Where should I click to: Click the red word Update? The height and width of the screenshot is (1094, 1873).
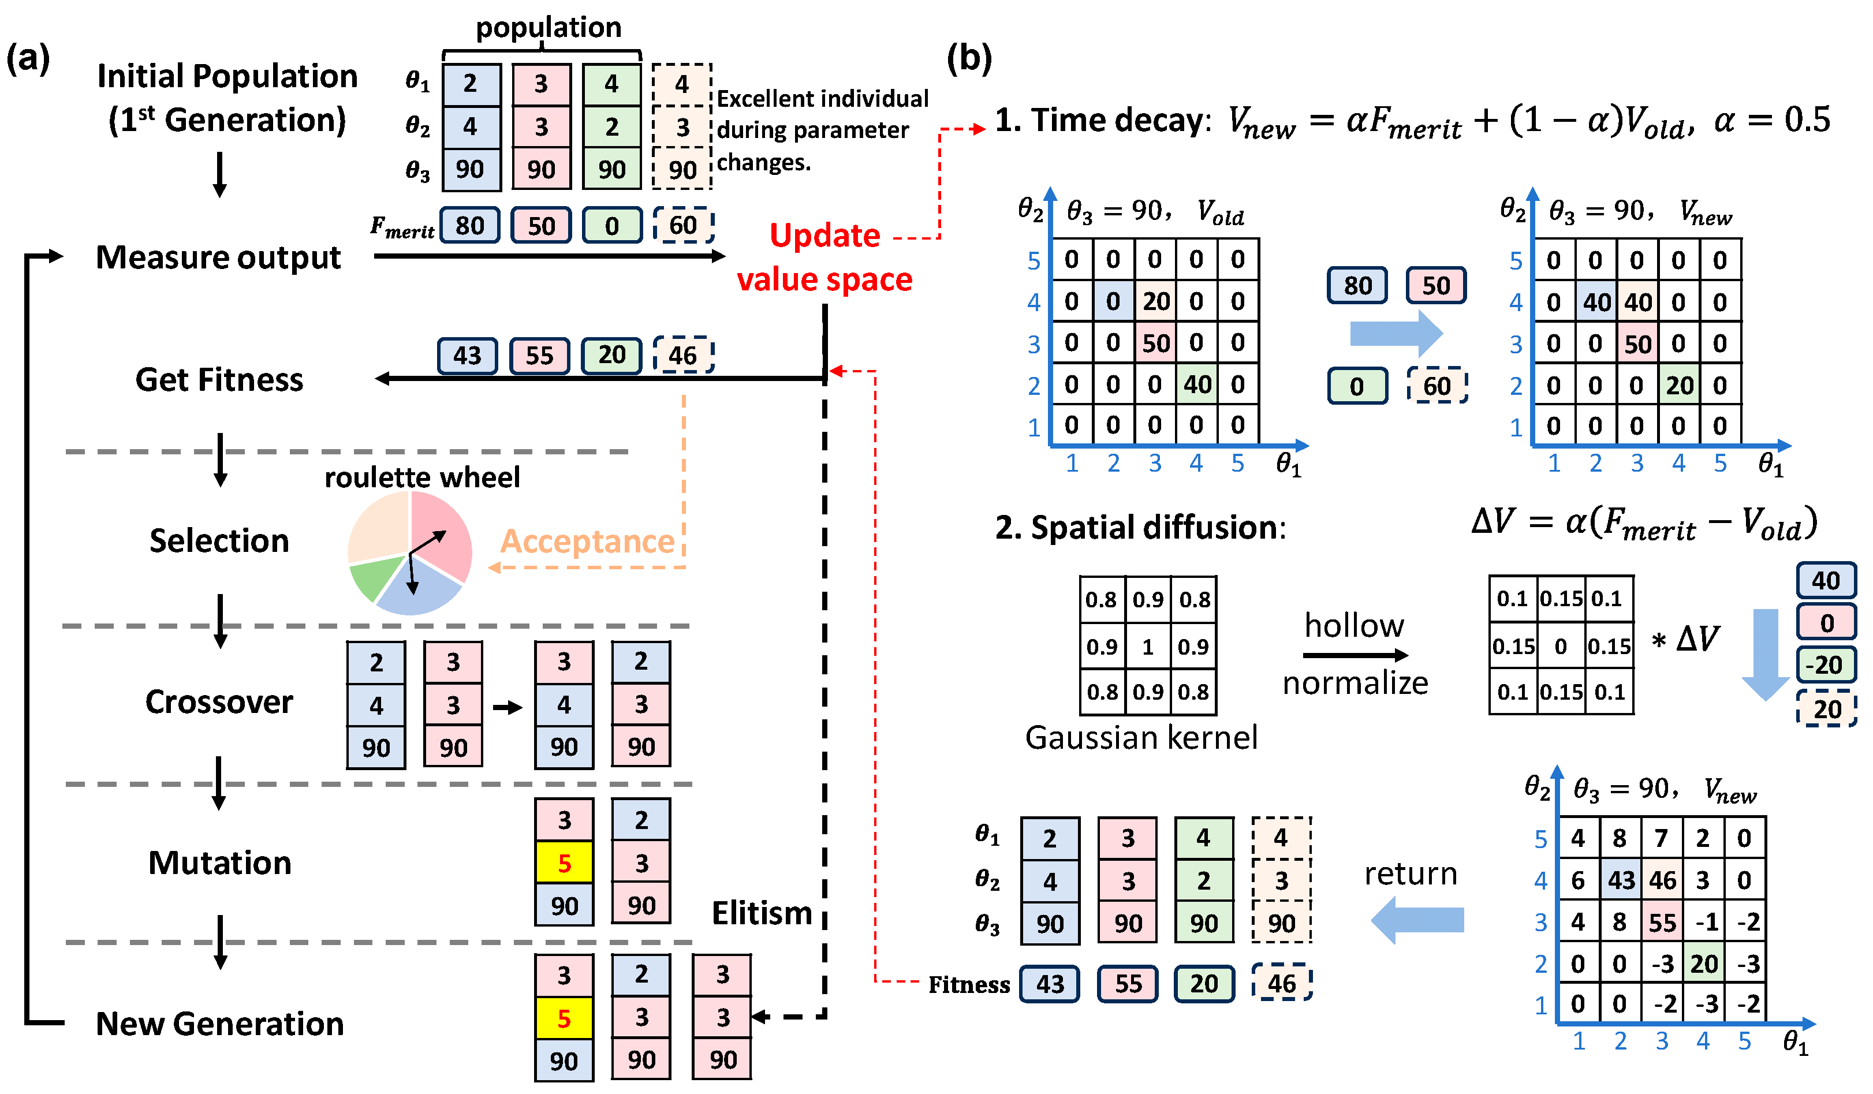pos(824,236)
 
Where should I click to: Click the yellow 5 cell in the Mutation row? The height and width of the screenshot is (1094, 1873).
pos(564,863)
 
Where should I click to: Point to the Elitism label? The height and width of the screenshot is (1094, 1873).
pos(761,913)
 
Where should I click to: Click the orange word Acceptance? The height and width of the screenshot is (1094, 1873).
pos(587,541)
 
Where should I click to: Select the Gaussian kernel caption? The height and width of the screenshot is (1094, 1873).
pos(1141,738)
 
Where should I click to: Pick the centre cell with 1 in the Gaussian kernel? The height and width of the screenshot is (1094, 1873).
pos(1148,647)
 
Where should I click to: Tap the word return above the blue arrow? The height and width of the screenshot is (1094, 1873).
pos(1410,874)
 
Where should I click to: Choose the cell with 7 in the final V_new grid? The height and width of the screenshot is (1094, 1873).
pos(1662,839)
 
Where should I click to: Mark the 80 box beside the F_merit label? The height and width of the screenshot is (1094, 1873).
pos(470,225)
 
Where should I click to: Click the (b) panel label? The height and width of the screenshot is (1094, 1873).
pos(968,57)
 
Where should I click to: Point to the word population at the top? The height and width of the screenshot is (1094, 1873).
pos(549,28)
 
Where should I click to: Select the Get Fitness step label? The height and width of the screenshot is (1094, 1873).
pos(219,380)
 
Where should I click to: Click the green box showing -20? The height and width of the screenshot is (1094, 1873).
pos(1827,664)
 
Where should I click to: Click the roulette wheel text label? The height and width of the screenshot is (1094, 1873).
pos(422,477)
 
